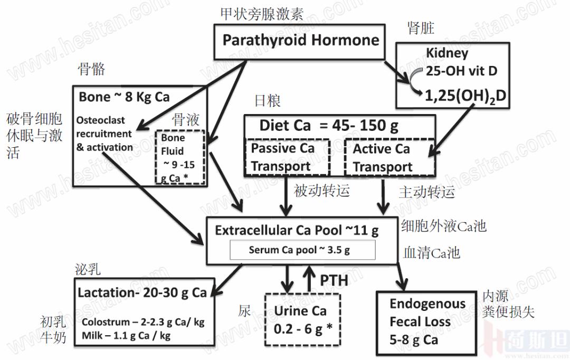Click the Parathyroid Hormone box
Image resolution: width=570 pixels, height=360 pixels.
tap(300, 41)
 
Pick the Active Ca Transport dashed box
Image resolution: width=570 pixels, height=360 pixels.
tap(389, 157)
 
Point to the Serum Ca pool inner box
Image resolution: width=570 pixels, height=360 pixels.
tap(302, 250)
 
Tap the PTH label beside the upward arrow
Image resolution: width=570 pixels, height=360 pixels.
tap(334, 279)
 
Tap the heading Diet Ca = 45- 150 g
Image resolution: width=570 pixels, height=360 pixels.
tap(328, 126)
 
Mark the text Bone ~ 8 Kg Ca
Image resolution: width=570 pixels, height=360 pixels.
tap(124, 97)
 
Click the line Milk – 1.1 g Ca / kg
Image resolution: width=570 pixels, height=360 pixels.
tap(126, 335)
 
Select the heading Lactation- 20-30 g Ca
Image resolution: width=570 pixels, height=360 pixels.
tap(142, 292)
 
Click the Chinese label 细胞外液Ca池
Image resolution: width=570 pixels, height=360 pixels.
tap(443, 227)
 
